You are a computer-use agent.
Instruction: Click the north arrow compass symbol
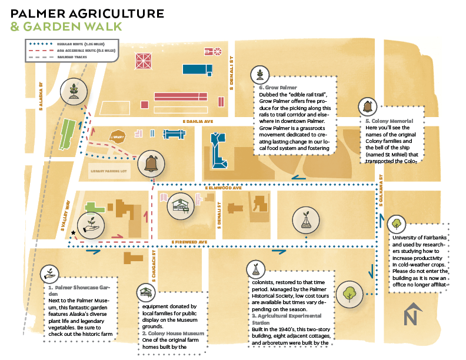[x=414, y=314]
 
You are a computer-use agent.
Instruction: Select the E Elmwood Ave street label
[x=224, y=188]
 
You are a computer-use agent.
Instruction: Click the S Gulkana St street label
[x=381, y=189]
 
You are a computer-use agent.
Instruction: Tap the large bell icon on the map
[x=149, y=164]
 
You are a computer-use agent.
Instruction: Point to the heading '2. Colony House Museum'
[x=167, y=333]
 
